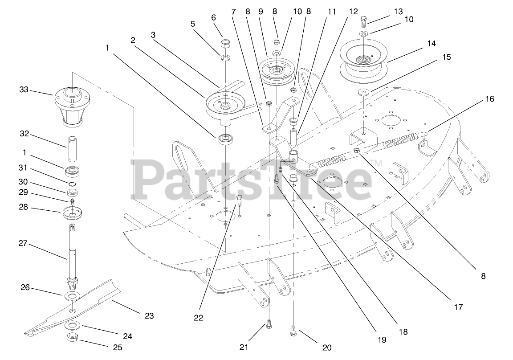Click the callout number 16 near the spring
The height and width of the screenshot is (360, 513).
click(x=489, y=99)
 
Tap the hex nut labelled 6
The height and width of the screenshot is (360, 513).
click(x=225, y=44)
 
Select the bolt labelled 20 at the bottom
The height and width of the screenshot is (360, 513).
click(x=293, y=330)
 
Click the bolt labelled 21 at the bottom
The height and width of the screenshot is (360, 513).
click(x=269, y=326)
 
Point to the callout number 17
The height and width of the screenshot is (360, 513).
click(x=458, y=307)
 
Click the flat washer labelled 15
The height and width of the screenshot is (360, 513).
click(x=364, y=93)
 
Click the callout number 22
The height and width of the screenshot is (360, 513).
click(x=198, y=318)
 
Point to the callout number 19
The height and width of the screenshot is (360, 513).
click(x=382, y=340)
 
